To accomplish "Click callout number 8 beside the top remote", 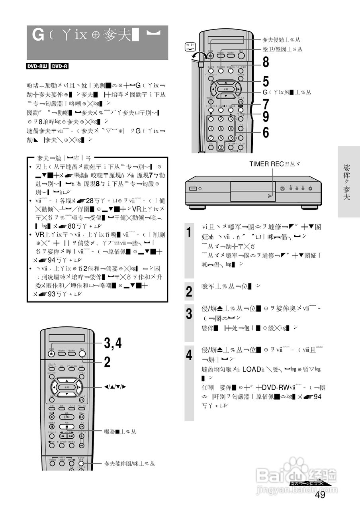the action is click(x=266, y=62).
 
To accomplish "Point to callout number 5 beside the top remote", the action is click(x=266, y=81).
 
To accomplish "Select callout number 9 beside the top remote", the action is click(x=266, y=116).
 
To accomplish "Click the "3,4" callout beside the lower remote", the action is click(x=113, y=343).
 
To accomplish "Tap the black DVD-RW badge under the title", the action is click(x=37, y=67).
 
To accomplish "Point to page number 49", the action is click(x=320, y=495).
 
